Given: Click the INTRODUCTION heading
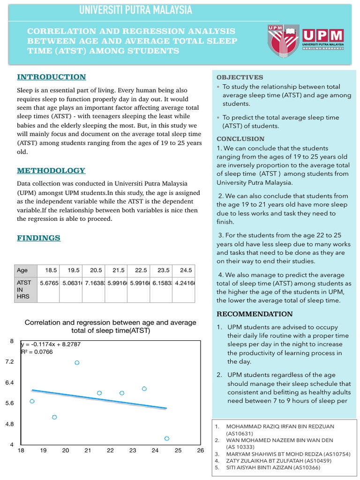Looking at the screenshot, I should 52,77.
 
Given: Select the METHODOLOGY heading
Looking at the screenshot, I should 51,171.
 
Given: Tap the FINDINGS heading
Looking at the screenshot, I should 39,238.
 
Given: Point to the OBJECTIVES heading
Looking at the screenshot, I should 240,77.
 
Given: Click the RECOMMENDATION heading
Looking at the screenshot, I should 254,314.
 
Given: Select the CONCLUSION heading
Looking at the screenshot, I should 240,139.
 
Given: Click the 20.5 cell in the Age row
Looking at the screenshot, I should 96,270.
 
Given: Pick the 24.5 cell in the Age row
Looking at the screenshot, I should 186,270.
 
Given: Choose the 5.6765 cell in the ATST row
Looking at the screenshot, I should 49,283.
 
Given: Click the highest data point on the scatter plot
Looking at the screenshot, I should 77,362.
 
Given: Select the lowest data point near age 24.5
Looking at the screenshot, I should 167,438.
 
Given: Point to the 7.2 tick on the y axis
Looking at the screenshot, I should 9,362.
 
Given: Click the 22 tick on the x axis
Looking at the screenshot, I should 110,451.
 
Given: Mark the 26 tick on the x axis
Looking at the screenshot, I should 200,451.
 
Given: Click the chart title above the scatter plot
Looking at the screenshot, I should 110,327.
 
